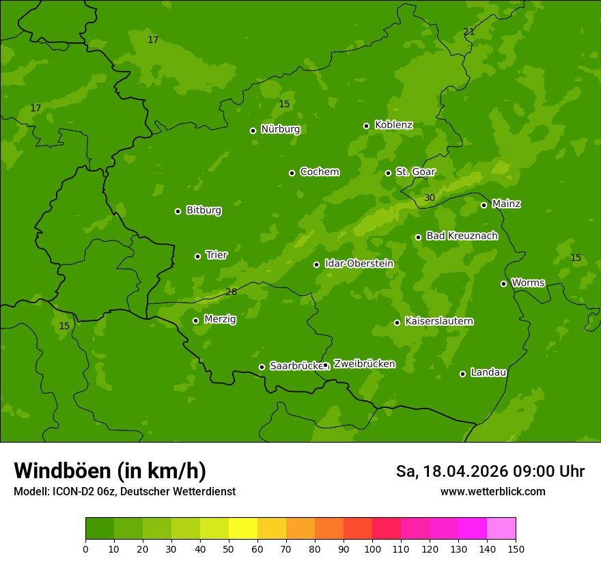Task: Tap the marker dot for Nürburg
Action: [253, 130]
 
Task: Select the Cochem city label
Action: [320, 171]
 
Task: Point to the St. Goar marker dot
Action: [388, 173]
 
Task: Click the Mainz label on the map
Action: [506, 204]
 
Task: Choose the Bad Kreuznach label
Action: [462, 236]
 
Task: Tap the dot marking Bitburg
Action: [178, 211]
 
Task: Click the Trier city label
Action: [216, 255]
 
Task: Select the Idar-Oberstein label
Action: [359, 263]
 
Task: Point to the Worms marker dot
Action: [503, 283]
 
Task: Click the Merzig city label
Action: [220, 319]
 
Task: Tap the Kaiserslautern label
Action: [439, 321]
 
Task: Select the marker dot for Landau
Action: [462, 374]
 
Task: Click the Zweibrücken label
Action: [364, 363]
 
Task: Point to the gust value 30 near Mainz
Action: [429, 198]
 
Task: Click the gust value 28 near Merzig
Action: [231, 292]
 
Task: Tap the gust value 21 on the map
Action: [469, 31]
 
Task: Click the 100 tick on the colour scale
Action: [372, 548]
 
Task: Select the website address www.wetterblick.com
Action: [492, 491]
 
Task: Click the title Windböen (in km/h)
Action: [110, 471]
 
